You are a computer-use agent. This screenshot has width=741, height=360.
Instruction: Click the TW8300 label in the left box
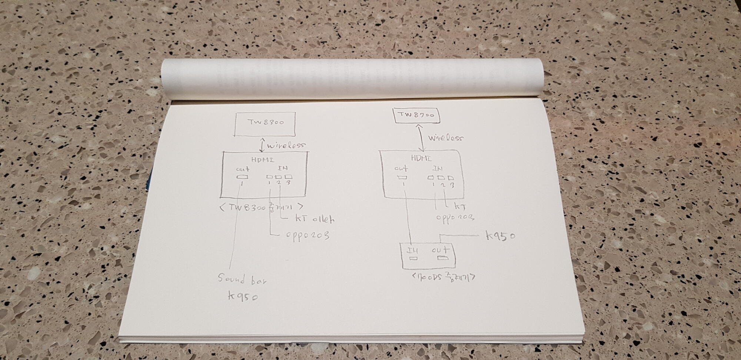pyautogui.click(x=266, y=122)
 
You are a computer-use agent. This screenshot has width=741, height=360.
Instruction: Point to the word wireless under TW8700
pyautogui.click(x=445, y=138)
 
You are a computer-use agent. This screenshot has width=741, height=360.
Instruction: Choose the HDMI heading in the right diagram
pyautogui.click(x=421, y=158)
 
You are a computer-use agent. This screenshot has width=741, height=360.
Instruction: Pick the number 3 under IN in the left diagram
pyautogui.click(x=288, y=183)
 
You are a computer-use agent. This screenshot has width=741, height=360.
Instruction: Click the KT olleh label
pyautogui.click(x=315, y=219)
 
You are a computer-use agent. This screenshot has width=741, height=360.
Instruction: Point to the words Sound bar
pyautogui.click(x=242, y=279)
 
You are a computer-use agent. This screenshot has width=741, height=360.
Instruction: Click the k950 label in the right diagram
pyautogui.click(x=500, y=236)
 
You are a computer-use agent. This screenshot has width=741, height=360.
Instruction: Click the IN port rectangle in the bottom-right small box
pyautogui.click(x=413, y=258)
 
